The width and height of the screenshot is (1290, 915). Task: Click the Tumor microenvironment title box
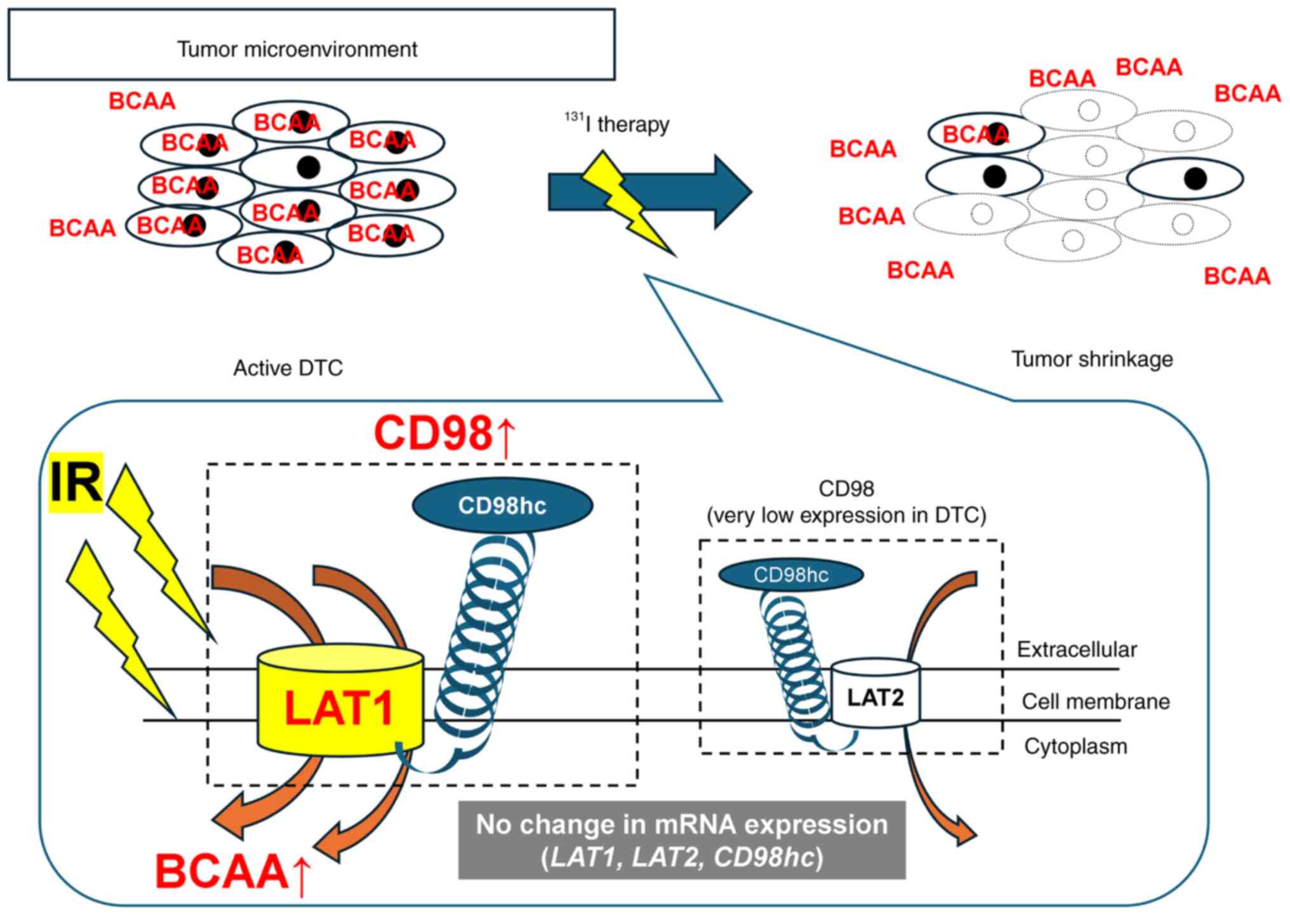[x=311, y=45]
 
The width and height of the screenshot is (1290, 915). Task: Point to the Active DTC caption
[x=288, y=368]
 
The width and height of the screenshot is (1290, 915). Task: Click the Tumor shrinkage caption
[x=1091, y=359]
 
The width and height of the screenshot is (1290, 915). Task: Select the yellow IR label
[x=76, y=482]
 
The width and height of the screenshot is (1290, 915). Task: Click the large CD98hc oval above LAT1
[x=502, y=506]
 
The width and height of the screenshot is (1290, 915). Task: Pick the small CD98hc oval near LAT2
[x=790, y=575]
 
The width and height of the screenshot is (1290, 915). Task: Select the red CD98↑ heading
[x=444, y=435]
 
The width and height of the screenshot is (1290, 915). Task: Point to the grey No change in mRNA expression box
[x=682, y=840]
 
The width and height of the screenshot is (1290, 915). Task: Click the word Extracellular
[x=1077, y=650]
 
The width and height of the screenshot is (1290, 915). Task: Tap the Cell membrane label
[x=1095, y=702]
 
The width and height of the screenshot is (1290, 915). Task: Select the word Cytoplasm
[x=1075, y=747]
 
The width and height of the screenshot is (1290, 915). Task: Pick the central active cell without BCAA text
[x=298, y=167]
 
